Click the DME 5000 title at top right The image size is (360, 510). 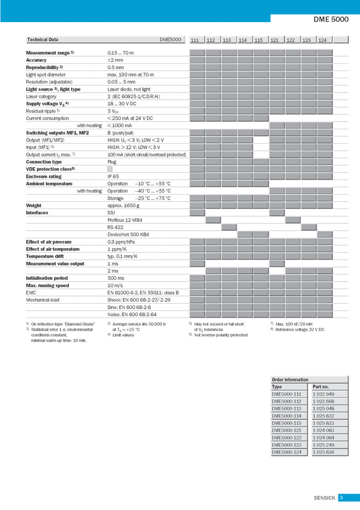pyautogui.click(x=331, y=20)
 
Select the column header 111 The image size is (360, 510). pyautogui.click(x=195, y=40)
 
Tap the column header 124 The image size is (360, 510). pyautogui.click(x=322, y=40)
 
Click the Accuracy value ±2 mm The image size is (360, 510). pyautogui.click(x=115, y=60)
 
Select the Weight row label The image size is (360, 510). pyautogui.click(x=34, y=205)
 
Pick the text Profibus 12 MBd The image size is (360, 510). pyautogui.click(x=125, y=220)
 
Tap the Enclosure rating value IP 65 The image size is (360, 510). pyautogui.click(x=113, y=177)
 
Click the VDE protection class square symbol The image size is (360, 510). pyautogui.click(x=110, y=169)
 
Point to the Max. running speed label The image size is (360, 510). pyautogui.click(x=47, y=285)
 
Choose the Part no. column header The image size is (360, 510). pyautogui.click(x=320, y=386)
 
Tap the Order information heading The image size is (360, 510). pyautogui.click(x=290, y=380)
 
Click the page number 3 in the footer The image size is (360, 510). pyautogui.click(x=341, y=498)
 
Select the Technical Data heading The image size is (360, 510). pyautogui.click(x=43, y=40)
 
